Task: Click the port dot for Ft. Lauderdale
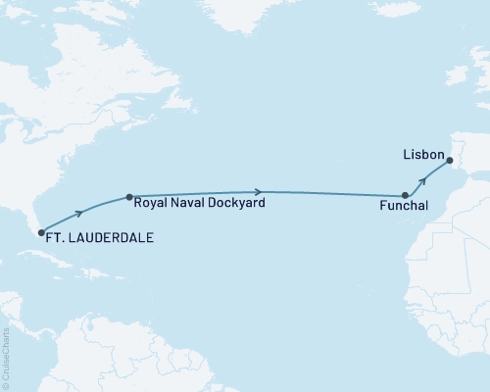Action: [40, 233]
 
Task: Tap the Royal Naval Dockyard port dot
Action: [128, 197]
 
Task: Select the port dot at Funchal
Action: [406, 197]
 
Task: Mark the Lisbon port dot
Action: [450, 162]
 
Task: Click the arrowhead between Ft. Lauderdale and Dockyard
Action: [78, 211]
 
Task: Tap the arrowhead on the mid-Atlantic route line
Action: [258, 192]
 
